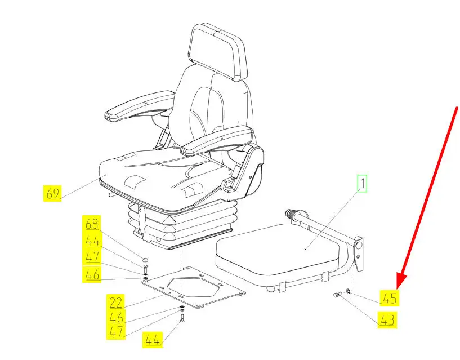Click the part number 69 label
pyautogui.click(x=52, y=193)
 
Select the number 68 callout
pyautogui.click(x=92, y=224)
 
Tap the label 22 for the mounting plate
pyautogui.click(x=115, y=302)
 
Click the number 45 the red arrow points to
pyautogui.click(x=390, y=298)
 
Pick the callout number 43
pyautogui.click(x=387, y=319)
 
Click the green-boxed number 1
pyautogui.click(x=362, y=184)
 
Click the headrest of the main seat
pyautogui.click(x=218, y=52)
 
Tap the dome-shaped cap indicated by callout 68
pyautogui.click(x=145, y=260)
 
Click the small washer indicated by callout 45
pyautogui.click(x=348, y=291)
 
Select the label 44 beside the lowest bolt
pyautogui.click(x=153, y=340)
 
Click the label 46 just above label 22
pyautogui.click(x=115, y=317)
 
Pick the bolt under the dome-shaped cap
pyautogui.click(x=145, y=269)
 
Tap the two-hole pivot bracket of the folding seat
pyautogui.click(x=359, y=253)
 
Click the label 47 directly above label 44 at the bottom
pyautogui.click(x=115, y=331)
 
